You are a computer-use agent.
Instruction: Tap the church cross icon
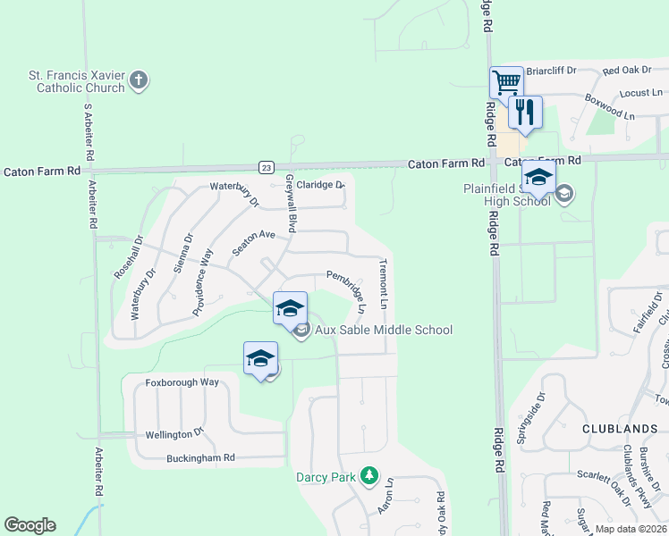tap(138, 81)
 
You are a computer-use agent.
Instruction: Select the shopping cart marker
tap(506, 83)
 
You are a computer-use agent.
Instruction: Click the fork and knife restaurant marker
tap(525, 113)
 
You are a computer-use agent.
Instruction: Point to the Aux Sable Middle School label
tap(384, 330)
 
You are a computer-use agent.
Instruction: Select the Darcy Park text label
tap(326, 477)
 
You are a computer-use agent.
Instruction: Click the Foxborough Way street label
tap(182, 382)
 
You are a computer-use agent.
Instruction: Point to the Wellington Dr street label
tap(174, 434)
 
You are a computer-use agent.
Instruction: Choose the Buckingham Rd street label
tap(200, 458)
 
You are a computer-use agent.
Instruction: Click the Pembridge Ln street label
tap(346, 290)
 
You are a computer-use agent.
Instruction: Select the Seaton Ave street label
tap(253, 241)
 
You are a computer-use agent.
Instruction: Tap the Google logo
tap(30, 525)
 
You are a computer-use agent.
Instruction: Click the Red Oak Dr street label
tap(627, 71)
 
